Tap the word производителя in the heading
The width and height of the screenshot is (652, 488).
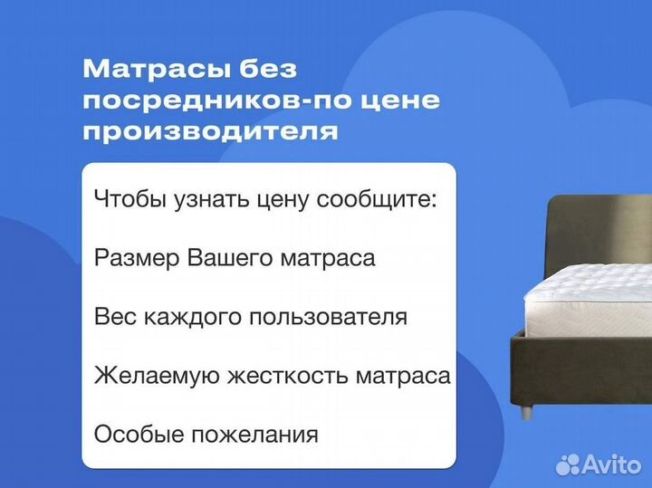211,131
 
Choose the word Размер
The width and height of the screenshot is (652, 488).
136,259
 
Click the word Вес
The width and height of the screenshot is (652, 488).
111,318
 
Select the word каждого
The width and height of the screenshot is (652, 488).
177,318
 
